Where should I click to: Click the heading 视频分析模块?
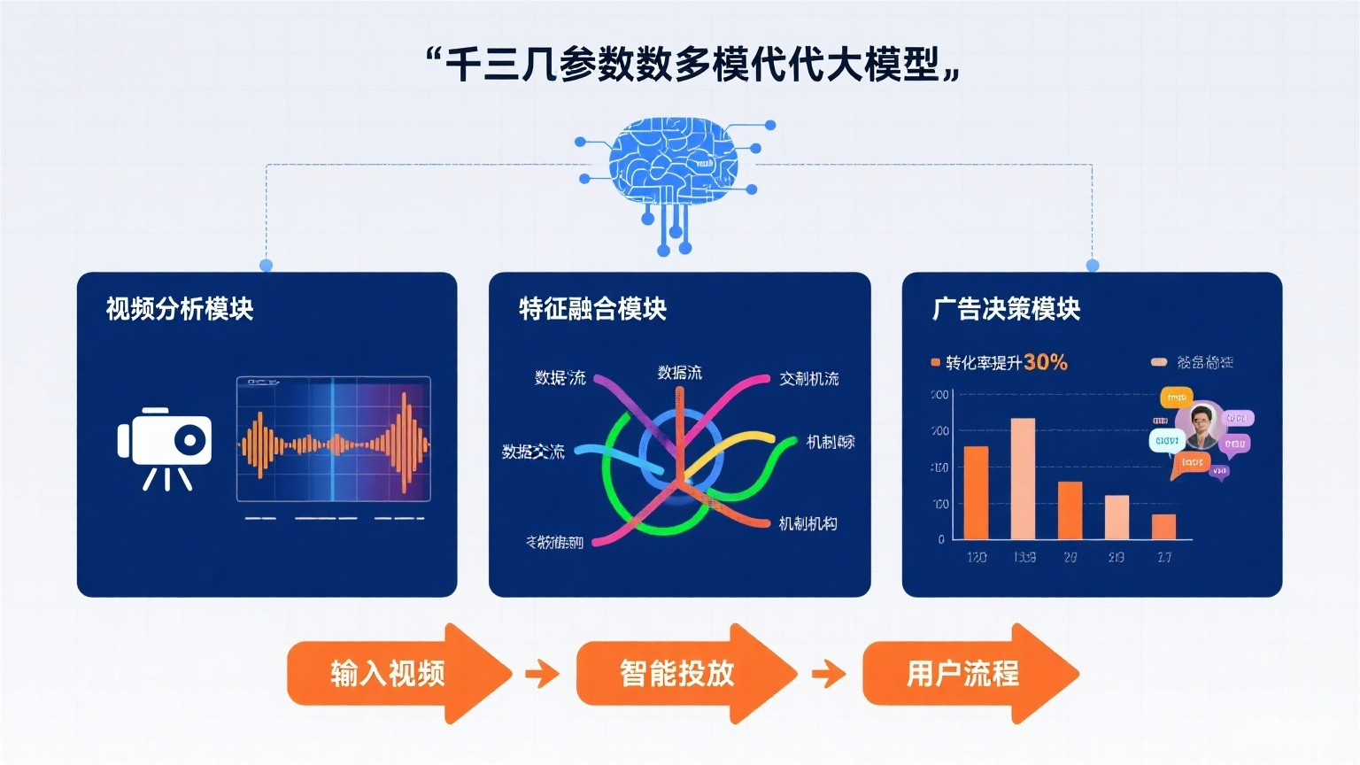pos(180,309)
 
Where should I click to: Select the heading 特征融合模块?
pos(592,309)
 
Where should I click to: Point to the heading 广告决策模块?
pos(1006,309)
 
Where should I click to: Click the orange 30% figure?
pos(1046,362)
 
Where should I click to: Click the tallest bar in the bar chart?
pos(1023,478)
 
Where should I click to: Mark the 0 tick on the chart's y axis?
pos(941,538)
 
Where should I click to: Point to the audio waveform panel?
pos(333,439)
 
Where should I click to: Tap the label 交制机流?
pos(808,379)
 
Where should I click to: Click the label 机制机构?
pos(807,524)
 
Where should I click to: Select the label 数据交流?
pos(533,452)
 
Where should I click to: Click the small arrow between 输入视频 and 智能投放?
pos(542,675)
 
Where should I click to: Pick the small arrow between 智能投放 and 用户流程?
pos(829,675)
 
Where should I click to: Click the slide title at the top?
pos(692,65)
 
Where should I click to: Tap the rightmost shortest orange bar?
pos(1163,526)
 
